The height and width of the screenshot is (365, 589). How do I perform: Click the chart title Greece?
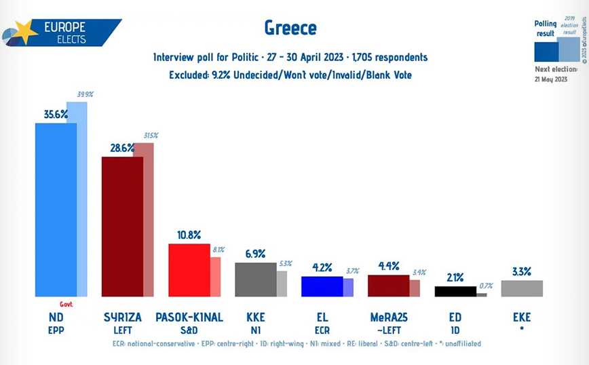(x=289, y=28)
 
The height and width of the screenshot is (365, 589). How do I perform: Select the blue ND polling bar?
(x=56, y=210)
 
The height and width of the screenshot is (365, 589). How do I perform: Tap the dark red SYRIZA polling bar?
(x=122, y=227)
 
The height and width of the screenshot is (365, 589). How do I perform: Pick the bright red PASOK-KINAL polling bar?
(x=189, y=270)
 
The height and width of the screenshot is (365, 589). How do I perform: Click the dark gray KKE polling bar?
(x=255, y=280)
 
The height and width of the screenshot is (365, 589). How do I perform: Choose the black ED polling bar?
(x=455, y=292)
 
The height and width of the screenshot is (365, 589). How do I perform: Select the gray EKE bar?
(x=522, y=288)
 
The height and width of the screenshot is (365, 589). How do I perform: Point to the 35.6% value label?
(x=56, y=115)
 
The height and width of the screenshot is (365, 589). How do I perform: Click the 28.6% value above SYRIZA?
(x=122, y=148)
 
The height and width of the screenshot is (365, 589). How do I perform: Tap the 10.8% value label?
(x=189, y=235)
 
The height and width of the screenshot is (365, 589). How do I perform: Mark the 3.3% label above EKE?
(x=521, y=271)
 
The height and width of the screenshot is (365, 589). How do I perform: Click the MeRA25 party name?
(x=388, y=318)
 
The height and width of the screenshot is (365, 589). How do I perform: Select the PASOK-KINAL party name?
(x=188, y=318)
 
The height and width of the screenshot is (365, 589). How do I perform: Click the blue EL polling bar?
(x=322, y=286)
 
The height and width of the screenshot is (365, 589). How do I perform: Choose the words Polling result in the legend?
(x=545, y=28)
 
